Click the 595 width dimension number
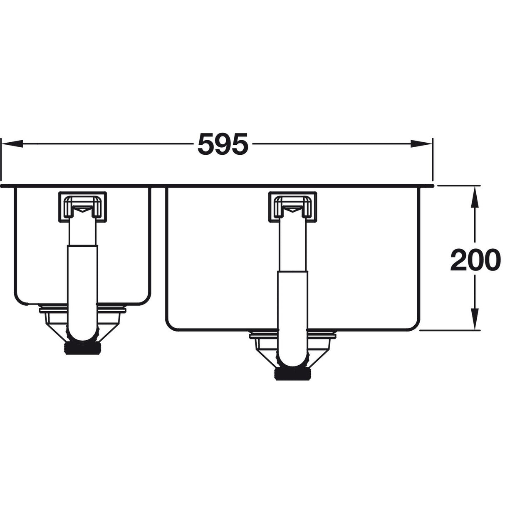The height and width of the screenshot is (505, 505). coord(222,144)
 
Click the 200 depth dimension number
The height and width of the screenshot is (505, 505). coord(474,260)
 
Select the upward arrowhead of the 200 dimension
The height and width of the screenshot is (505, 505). coord(474,196)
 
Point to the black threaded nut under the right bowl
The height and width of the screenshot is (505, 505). coord(293,373)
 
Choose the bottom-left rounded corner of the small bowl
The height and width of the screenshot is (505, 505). coord(19,300)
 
